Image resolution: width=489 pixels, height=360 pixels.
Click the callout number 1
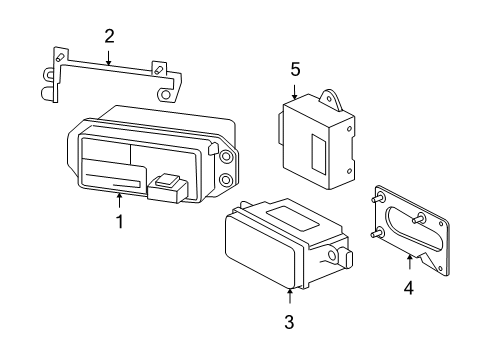(119, 222)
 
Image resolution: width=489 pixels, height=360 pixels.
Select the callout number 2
(109, 36)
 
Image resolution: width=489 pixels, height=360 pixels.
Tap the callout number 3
(289, 322)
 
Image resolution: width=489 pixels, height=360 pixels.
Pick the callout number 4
(409, 288)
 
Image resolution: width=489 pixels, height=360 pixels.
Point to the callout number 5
(295, 69)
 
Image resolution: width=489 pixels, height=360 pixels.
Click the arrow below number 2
(108, 57)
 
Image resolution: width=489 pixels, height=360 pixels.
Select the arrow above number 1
(119, 200)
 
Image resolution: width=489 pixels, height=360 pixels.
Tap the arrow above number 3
(290, 295)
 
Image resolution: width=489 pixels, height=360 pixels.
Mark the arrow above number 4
(410, 261)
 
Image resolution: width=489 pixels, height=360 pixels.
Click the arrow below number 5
(295, 92)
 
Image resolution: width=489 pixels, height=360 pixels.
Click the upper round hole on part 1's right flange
(226, 157)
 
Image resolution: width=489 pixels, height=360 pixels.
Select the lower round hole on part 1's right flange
(226, 180)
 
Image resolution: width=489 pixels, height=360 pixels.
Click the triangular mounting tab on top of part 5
(332, 99)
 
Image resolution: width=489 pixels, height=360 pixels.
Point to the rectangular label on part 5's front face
(318, 154)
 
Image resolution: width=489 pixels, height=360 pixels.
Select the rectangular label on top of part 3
(293, 219)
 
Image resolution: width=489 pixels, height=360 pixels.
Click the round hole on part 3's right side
(332, 256)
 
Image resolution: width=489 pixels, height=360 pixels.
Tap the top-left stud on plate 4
(377, 199)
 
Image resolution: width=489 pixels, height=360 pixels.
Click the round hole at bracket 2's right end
(165, 95)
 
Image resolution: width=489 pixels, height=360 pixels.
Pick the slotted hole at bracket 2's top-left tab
(60, 56)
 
